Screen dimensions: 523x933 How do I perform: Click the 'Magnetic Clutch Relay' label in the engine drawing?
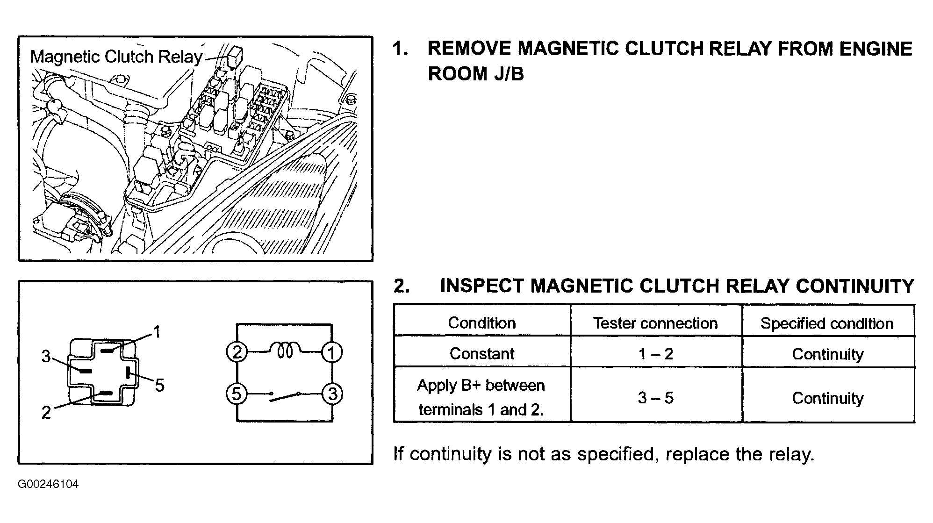coord(116,57)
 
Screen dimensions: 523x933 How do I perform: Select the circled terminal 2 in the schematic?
coord(237,352)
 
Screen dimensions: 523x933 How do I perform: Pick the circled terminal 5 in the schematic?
coord(237,394)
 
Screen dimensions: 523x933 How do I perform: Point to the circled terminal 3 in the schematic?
coord(332,394)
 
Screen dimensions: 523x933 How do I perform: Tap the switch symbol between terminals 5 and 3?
coord(285,396)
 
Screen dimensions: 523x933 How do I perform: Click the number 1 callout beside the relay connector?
coord(157,332)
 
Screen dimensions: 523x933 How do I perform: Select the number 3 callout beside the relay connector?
coord(46,357)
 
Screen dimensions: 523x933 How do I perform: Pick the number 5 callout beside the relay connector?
coord(160,385)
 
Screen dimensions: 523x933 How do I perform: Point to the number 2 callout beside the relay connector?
coord(46,412)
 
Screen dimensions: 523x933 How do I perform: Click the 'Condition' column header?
coord(482,323)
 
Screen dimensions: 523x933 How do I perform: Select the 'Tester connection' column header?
coord(655,323)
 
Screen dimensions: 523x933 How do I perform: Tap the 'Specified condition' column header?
coord(827,323)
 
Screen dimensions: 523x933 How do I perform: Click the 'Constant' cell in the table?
coord(482,354)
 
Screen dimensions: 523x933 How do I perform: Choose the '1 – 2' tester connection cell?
coord(656,354)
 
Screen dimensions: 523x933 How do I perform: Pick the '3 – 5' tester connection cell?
coord(656,398)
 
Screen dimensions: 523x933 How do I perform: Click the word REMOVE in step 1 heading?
coord(469,49)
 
